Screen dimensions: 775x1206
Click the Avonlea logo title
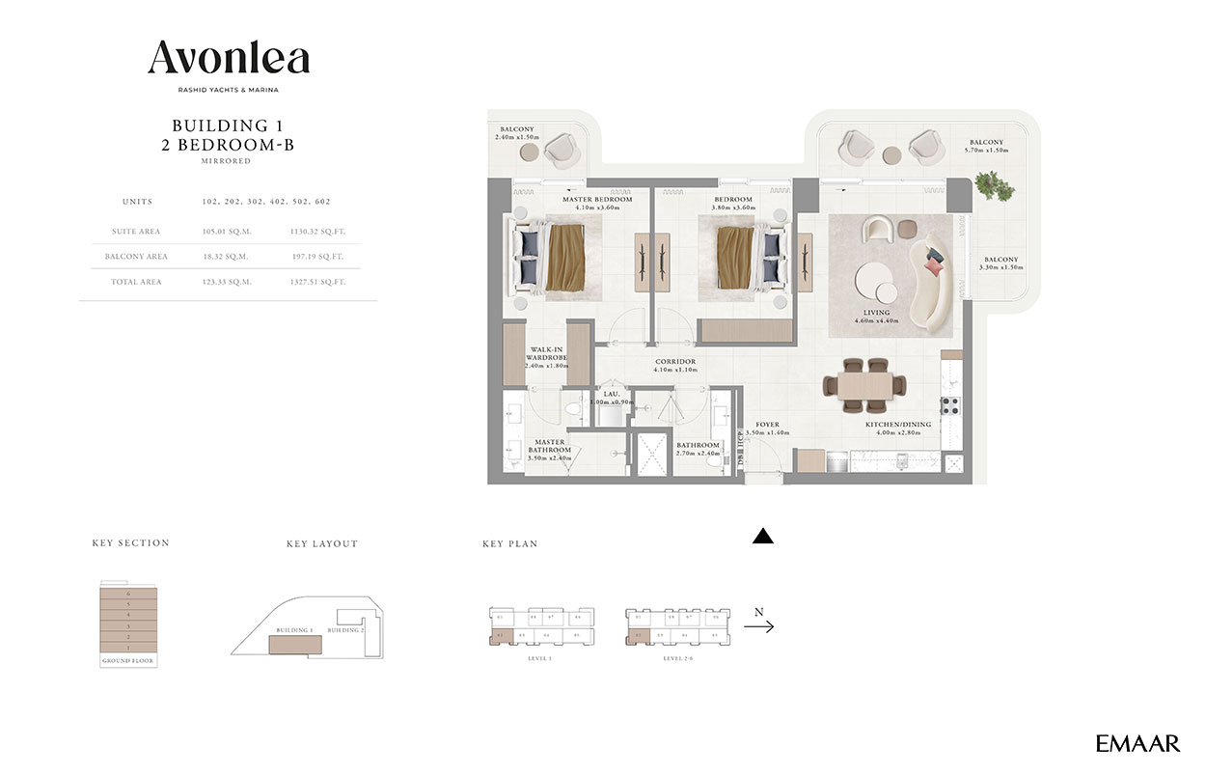(229, 61)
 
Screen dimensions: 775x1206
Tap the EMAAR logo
(1137, 743)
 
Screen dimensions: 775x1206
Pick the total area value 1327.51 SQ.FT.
(316, 282)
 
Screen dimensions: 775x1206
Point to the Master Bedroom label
(597, 200)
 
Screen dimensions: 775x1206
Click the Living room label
(876, 313)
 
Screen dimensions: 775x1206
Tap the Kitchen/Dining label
(897, 425)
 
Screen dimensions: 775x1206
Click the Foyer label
(767, 425)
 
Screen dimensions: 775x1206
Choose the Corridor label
(674, 362)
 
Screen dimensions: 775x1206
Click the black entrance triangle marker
(763, 538)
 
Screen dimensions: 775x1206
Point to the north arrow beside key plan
(758, 626)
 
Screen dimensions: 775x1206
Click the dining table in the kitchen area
(865, 385)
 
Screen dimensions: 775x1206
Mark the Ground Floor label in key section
(127, 661)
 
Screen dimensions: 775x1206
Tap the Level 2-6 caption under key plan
(675, 658)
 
